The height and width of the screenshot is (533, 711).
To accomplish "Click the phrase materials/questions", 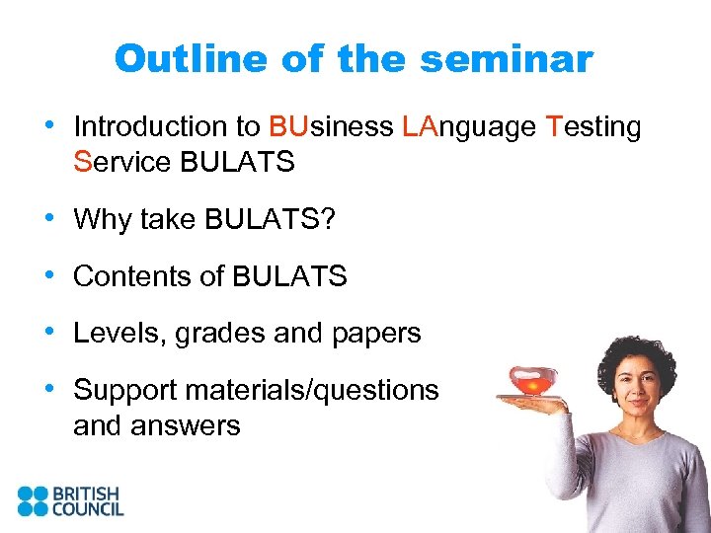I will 316,391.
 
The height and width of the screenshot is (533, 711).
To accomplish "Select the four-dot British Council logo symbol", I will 33,500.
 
